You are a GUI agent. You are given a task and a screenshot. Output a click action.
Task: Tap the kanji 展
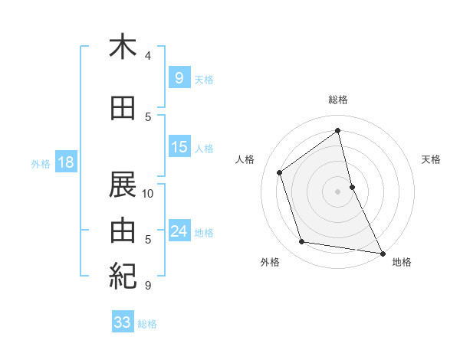click(123, 185)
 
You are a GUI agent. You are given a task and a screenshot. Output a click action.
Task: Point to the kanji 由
click(123, 229)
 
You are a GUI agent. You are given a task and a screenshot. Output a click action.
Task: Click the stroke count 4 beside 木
click(148, 55)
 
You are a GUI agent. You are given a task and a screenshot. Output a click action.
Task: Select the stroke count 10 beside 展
click(148, 193)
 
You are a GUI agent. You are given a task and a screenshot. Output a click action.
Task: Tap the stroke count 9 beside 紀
click(148, 286)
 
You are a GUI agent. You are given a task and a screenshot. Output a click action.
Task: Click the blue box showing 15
click(179, 147)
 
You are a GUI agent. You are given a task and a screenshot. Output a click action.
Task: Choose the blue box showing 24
click(179, 231)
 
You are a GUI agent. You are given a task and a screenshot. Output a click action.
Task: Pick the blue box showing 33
click(122, 322)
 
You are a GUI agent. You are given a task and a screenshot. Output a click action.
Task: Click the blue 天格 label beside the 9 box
click(204, 79)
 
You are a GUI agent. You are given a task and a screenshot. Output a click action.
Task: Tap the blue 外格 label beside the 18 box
click(41, 163)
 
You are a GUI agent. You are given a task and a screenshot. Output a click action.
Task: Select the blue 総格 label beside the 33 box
click(147, 324)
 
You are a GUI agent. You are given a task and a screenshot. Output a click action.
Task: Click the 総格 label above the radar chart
click(338, 100)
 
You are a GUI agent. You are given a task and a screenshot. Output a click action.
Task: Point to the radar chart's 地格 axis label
click(402, 262)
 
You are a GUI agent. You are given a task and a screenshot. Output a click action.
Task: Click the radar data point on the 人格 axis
click(280, 172)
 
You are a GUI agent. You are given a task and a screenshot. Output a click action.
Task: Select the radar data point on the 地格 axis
click(382, 252)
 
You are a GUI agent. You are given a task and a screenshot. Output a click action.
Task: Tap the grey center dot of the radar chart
click(338, 191)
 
